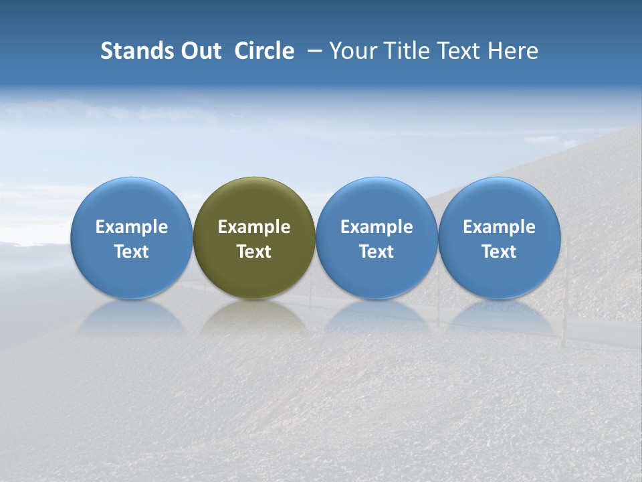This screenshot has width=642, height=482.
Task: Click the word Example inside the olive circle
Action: click(254, 227)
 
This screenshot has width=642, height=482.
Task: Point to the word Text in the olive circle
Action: click(254, 252)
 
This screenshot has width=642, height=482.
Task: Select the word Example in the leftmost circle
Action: click(131, 227)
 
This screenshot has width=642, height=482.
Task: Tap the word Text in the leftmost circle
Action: click(131, 252)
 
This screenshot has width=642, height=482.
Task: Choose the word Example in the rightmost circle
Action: click(499, 227)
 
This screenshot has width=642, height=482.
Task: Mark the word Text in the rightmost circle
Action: click(499, 252)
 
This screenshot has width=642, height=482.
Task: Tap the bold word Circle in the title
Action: click(264, 51)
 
